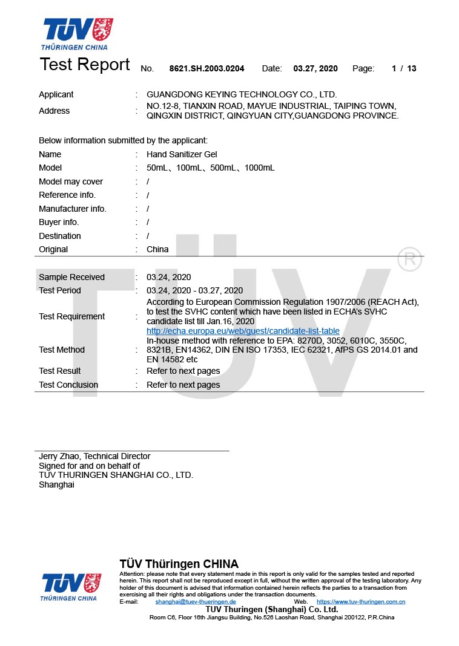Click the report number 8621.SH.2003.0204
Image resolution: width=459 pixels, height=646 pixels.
206,69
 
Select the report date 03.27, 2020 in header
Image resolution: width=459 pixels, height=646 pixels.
315,69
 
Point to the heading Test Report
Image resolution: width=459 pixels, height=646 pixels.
85,65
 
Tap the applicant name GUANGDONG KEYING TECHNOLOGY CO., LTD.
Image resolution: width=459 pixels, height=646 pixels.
242,94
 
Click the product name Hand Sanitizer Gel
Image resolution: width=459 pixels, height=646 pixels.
182,154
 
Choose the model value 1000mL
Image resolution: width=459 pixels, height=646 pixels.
260,168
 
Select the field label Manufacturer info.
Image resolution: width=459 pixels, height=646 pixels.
72,209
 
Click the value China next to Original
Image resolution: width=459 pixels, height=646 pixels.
157,249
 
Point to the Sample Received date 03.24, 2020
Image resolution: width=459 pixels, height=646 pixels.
168,277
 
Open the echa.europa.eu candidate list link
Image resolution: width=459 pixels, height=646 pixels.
243,331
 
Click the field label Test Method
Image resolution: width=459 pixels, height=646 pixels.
62,350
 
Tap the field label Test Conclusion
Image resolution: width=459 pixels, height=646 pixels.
68,385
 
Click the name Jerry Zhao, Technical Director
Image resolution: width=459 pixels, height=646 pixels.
94,456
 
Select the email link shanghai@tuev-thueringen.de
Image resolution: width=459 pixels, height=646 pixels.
196,602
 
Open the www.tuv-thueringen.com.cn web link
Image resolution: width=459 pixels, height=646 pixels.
361,602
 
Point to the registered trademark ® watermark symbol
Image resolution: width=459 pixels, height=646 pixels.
410,259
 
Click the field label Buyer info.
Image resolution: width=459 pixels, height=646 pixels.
59,222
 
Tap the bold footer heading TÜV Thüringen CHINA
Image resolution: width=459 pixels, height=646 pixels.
179,564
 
